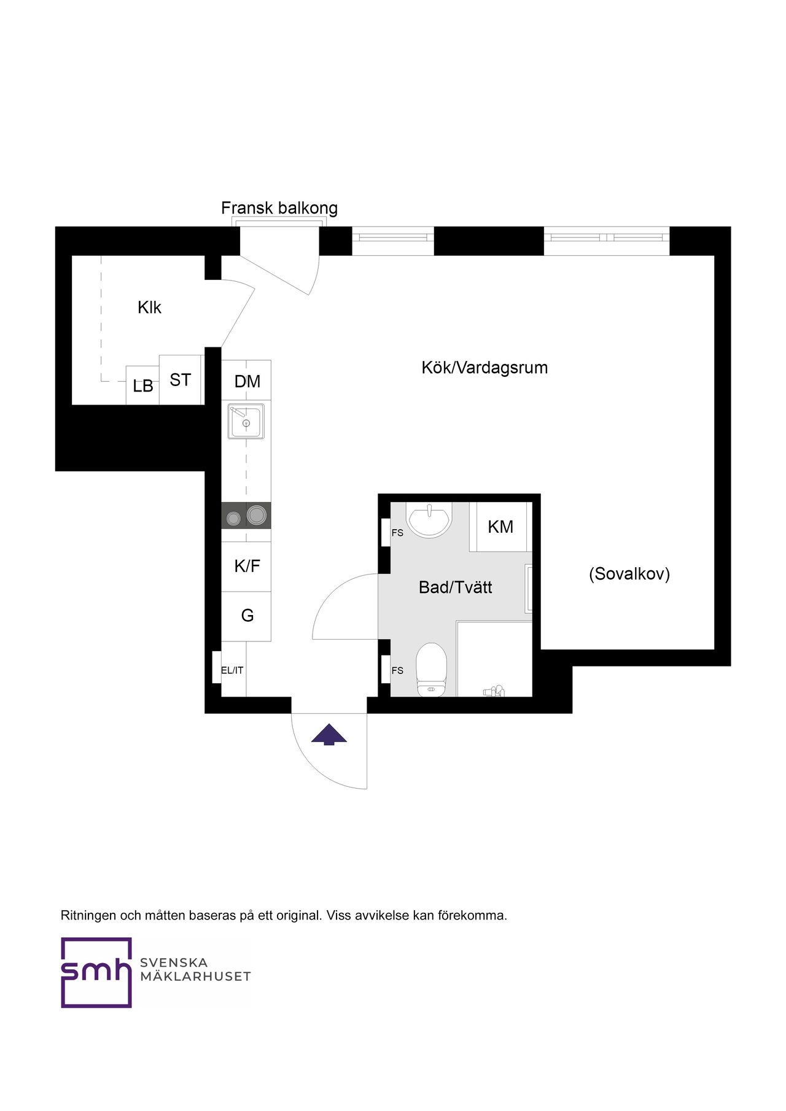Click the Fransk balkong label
coord(279,208)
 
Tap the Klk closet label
coord(149,308)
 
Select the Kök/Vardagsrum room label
coord(484,368)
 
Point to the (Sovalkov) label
coord(629,574)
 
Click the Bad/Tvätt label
coord(456,587)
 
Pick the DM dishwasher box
coord(246,381)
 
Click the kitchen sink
coord(246,421)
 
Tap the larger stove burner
coord(257,514)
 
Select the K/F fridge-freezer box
coord(246,567)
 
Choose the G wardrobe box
coord(246,616)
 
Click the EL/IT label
coord(232,670)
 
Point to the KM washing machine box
coord(501,527)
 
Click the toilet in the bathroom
coord(431,670)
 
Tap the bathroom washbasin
coord(429,520)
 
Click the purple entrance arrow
coord(329,734)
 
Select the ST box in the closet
coord(180,380)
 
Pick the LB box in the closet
coord(142,385)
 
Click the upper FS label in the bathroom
coord(397,533)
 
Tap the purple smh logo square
coord(96,973)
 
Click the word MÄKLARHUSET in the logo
coord(195,977)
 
